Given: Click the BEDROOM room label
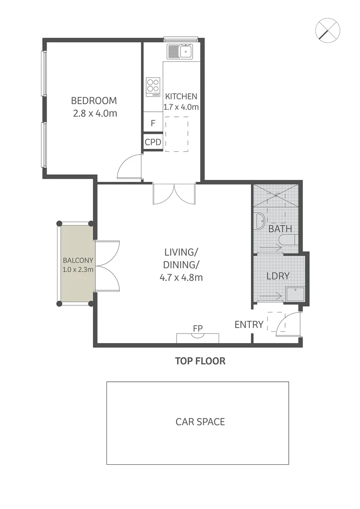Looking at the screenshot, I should pyautogui.click(x=94, y=100).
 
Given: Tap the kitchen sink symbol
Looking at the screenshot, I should pyautogui.click(x=179, y=51).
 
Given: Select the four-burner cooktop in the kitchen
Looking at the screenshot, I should pyautogui.click(x=153, y=87).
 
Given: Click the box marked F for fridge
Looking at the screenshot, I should pyautogui.click(x=153, y=124).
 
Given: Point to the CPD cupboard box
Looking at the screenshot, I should pyautogui.click(x=153, y=142).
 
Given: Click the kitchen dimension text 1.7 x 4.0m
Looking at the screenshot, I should pyautogui.click(x=181, y=107).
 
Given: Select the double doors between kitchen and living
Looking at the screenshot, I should pyautogui.click(x=174, y=194).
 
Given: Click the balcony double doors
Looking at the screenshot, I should pyautogui.click(x=107, y=266).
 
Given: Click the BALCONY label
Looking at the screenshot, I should pyautogui.click(x=78, y=260).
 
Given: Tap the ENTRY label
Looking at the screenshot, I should pyautogui.click(x=249, y=324).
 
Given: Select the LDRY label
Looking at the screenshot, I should pyautogui.click(x=278, y=276).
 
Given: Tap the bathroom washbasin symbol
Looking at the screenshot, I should pyautogui.click(x=259, y=221).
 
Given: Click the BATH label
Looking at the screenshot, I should pyautogui.click(x=280, y=229).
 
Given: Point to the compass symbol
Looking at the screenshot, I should pyautogui.click(x=327, y=31).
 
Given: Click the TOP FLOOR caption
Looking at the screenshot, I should pyautogui.click(x=200, y=361).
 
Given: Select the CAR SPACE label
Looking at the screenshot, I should pyautogui.click(x=200, y=421).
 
